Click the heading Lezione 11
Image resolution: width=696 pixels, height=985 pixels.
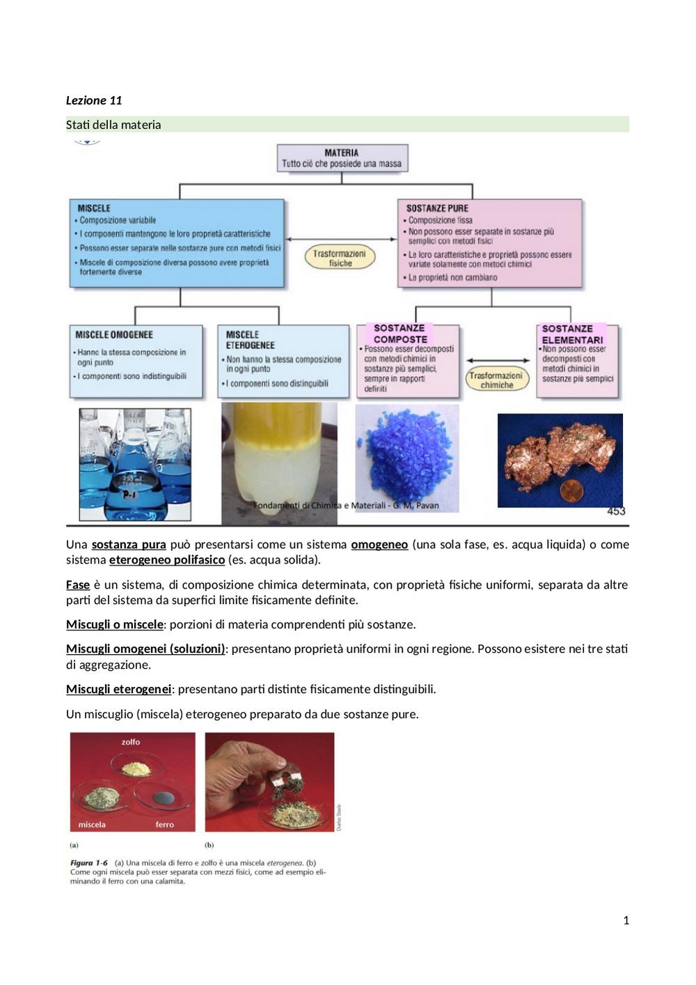(93, 101)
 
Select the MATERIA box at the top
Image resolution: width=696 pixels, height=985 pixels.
(342, 158)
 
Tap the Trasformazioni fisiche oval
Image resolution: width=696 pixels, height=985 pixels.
(340, 258)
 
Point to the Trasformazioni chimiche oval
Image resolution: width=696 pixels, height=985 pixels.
(497, 380)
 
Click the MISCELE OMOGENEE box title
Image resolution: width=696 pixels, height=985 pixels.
(114, 335)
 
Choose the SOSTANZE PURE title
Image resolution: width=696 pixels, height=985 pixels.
(437, 208)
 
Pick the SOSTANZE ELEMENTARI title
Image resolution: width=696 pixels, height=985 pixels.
(572, 334)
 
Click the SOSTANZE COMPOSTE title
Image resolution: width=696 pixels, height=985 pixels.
(400, 334)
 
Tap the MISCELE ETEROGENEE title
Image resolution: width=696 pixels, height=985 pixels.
(250, 340)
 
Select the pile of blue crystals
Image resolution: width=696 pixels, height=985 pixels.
(407, 455)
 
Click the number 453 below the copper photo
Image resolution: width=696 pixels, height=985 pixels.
(616, 511)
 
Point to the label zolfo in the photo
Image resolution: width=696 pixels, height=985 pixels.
(131, 742)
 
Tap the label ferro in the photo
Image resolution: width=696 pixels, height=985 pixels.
(165, 825)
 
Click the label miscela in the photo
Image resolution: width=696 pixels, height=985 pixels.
(92, 825)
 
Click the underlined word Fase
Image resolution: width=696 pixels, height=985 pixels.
(78, 585)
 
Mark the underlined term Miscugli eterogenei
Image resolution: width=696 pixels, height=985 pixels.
(118, 689)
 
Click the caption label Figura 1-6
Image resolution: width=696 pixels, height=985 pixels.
(89, 863)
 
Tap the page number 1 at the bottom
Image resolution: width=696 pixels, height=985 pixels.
(626, 920)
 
